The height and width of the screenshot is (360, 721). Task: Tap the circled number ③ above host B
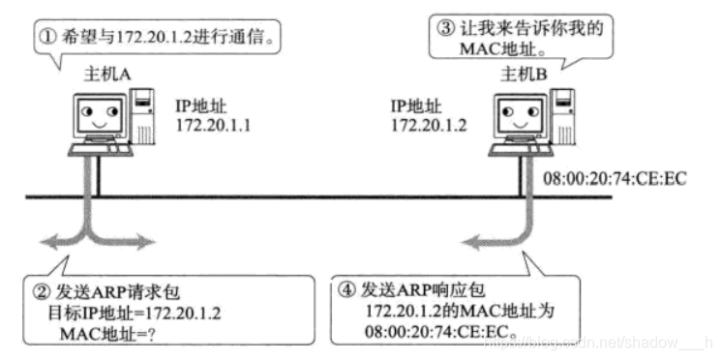pos(443,29)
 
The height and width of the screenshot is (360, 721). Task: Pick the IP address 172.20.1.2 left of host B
pos(429,125)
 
